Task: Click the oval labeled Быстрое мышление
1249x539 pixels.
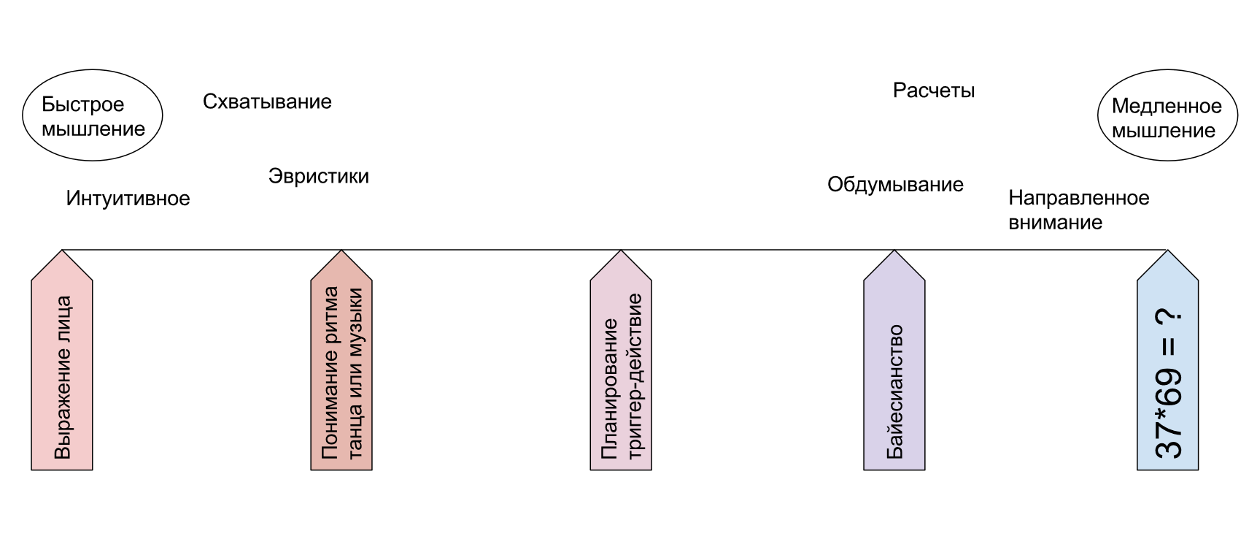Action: (x=93, y=116)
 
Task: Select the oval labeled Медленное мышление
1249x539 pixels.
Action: (x=1167, y=116)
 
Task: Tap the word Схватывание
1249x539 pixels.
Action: (x=267, y=102)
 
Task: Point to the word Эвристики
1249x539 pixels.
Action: (x=319, y=176)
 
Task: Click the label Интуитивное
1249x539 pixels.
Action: (x=128, y=198)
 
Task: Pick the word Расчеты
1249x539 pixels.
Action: (x=934, y=91)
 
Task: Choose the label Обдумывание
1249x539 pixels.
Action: (x=895, y=185)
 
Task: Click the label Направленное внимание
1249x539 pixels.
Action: (x=1078, y=210)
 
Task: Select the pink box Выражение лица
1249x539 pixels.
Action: (x=62, y=372)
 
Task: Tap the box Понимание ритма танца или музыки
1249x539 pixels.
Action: (x=341, y=372)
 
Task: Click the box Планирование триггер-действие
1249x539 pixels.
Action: (x=621, y=372)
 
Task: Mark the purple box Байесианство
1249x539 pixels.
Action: (x=894, y=372)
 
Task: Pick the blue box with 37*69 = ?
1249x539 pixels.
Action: (x=1168, y=372)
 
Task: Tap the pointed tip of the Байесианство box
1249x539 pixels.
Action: (x=894, y=253)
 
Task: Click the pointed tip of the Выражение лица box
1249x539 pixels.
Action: (x=62, y=253)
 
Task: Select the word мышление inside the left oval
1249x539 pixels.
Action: (x=93, y=129)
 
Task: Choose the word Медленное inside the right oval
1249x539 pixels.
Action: (x=1167, y=106)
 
